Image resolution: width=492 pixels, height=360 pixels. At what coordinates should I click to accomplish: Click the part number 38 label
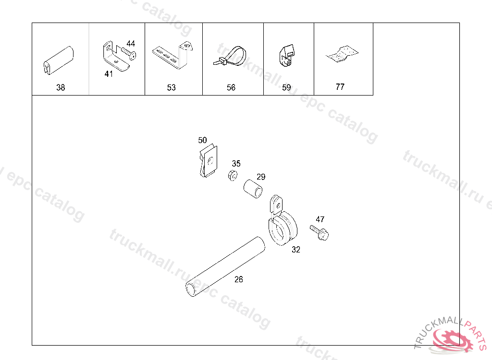[61, 87]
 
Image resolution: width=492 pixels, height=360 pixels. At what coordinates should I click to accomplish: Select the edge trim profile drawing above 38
[58, 61]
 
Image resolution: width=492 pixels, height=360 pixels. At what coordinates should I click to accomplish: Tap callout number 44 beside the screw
[131, 44]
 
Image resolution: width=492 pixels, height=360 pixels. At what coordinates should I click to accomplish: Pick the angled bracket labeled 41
[114, 57]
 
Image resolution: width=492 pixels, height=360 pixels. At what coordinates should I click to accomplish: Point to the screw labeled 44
[129, 53]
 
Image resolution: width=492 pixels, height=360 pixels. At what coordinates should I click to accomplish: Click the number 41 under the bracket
[109, 74]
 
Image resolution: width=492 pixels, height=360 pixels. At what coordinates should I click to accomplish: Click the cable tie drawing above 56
[230, 56]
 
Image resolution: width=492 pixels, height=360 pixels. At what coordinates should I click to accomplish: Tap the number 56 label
[231, 87]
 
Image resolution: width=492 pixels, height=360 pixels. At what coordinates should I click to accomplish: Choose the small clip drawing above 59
[286, 55]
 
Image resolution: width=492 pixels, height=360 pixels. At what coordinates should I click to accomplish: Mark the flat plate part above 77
[342, 54]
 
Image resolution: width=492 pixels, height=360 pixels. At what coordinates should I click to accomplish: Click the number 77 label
[340, 87]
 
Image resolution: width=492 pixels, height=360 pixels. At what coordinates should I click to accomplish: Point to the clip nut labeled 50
[209, 161]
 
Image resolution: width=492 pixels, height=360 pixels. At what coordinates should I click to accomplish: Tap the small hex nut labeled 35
[233, 176]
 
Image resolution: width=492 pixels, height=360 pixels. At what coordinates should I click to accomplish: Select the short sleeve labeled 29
[253, 189]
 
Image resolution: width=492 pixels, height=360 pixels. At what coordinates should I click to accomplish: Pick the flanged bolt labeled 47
[320, 232]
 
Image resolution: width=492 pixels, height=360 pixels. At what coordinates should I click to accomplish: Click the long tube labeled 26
[225, 267]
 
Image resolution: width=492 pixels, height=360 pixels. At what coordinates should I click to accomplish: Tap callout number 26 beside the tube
[239, 279]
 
